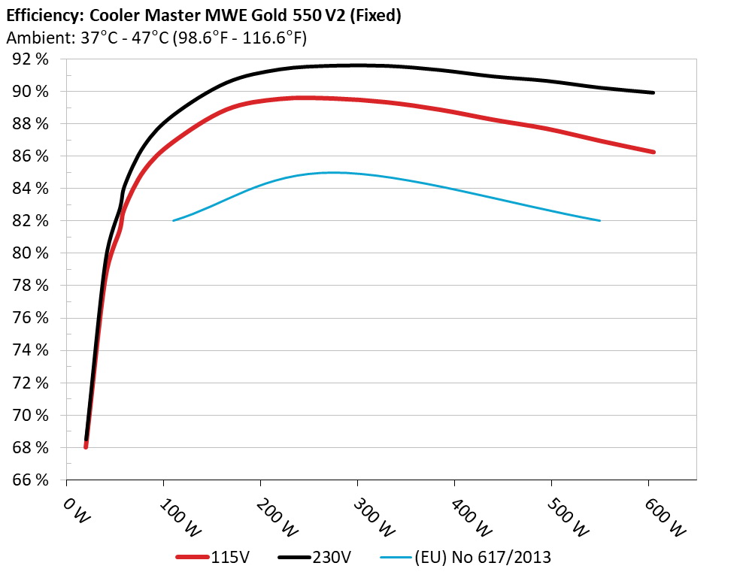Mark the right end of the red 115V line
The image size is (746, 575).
point(654,152)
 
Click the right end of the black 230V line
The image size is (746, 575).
point(654,92)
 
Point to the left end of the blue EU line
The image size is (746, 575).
point(174,220)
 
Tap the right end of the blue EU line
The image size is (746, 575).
point(600,220)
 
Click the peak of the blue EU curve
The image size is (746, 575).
point(331,172)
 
